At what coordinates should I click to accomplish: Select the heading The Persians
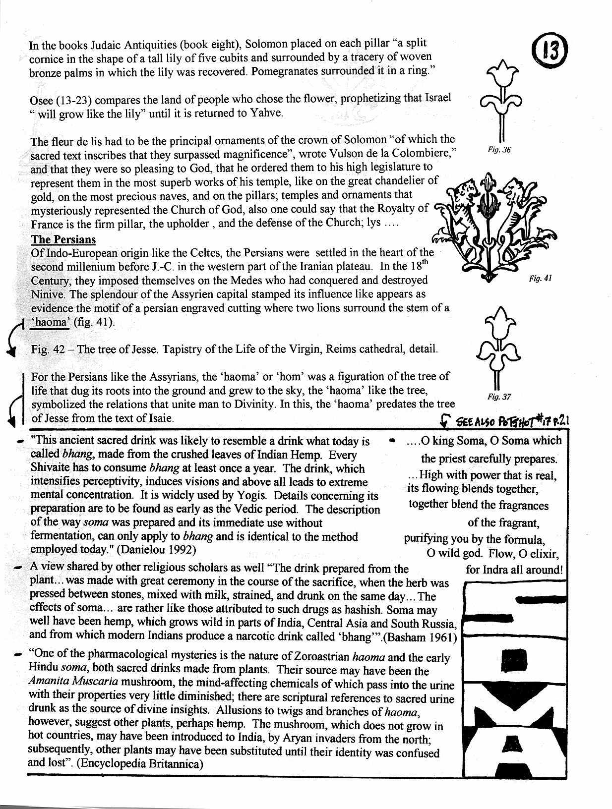pos(63,239)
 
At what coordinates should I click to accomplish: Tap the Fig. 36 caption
pos(499,150)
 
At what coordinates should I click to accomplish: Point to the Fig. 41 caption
pos(540,279)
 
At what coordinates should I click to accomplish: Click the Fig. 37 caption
pos(499,397)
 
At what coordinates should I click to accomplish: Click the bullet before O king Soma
pos(393,440)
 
